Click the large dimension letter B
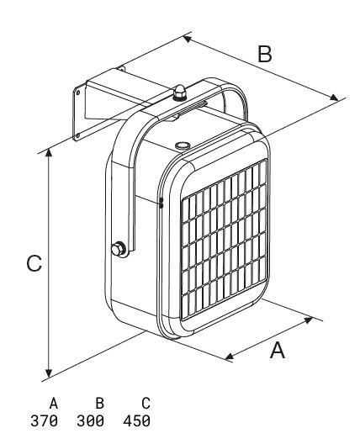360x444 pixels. coord(265,54)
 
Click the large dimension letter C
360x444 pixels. coord(34,263)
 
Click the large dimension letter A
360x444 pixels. coord(278,350)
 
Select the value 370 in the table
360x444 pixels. coord(44,421)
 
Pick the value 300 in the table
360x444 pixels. coord(90,421)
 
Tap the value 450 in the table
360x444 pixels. coord(136,421)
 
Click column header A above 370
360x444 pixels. coord(54,404)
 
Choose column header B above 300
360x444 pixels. coord(100,404)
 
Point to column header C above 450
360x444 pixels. coord(146,404)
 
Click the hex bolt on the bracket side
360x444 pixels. coord(119,249)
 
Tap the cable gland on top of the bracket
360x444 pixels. coord(180,92)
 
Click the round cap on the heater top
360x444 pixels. coord(183,145)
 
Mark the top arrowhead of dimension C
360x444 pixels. coord(49,153)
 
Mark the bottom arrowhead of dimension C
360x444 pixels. coord(49,373)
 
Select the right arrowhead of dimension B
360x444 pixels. coord(334,98)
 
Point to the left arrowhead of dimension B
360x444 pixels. coord(188,39)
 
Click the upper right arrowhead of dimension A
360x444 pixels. coord(308,320)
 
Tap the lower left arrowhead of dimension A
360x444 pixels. coord(230,356)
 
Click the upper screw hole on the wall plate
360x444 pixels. coord(78,92)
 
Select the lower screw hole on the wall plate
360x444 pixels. coord(77,135)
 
